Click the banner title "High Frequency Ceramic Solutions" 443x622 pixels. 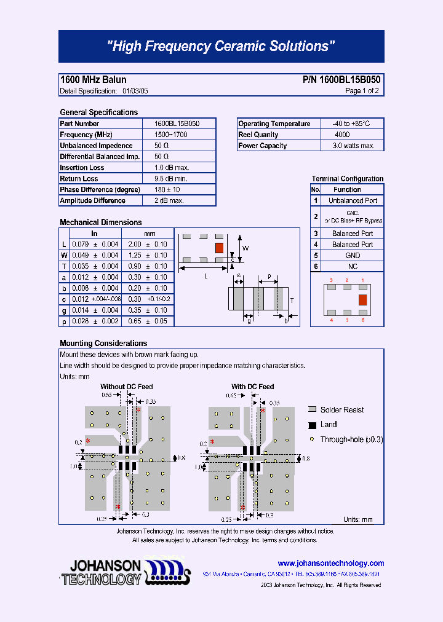coord(221,47)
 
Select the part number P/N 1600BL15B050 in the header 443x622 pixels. coord(341,80)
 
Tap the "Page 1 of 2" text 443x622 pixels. coord(362,91)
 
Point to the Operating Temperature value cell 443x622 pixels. coord(352,124)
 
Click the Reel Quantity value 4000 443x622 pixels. coord(343,135)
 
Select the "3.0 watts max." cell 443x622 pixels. coord(353,146)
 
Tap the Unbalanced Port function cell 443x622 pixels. coord(353,200)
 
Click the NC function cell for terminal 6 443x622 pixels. coord(353,267)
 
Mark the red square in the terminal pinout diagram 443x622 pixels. coord(362,300)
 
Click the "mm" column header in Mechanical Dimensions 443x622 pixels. coord(149,234)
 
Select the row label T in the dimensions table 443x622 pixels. coord(64,266)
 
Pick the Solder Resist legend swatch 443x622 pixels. coord(312,409)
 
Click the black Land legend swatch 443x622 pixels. coord(312,425)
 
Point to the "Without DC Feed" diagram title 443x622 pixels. coord(127,387)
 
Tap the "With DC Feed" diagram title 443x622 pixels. coord(252,387)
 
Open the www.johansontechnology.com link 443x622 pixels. coord(330,563)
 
